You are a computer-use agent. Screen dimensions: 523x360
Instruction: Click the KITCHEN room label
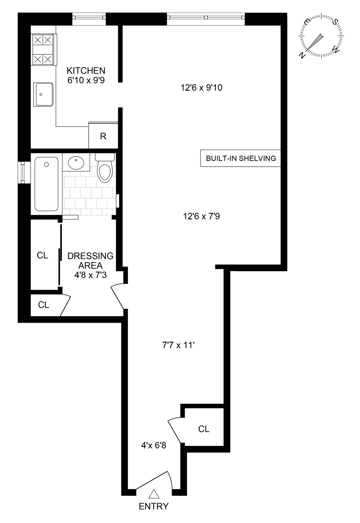[x=86, y=70]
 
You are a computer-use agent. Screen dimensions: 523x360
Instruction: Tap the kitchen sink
[x=44, y=94]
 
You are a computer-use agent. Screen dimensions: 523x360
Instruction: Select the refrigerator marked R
[x=103, y=136]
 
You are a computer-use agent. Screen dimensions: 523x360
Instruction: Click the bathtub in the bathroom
[x=47, y=184]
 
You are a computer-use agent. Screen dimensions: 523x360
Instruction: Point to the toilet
[x=105, y=169]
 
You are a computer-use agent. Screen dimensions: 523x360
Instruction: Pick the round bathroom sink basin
[x=76, y=163]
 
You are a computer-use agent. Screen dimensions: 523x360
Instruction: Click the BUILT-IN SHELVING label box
[x=241, y=158]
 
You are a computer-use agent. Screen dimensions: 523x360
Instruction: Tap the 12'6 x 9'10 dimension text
[x=201, y=88]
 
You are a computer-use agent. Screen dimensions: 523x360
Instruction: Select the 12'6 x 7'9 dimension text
[x=201, y=217]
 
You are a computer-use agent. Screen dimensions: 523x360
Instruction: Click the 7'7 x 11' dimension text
[x=178, y=346]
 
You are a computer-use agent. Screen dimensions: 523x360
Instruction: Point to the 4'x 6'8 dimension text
[x=153, y=445]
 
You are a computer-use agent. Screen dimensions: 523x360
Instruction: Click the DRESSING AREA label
[x=90, y=260]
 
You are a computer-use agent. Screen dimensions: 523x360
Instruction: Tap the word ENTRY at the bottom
[x=153, y=506]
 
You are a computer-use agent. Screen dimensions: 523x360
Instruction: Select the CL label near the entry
[x=204, y=429]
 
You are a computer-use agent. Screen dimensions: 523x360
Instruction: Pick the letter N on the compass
[x=302, y=54]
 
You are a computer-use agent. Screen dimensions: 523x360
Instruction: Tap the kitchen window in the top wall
[x=89, y=16]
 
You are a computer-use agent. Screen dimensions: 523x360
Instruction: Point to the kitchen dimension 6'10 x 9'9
[x=86, y=80]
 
